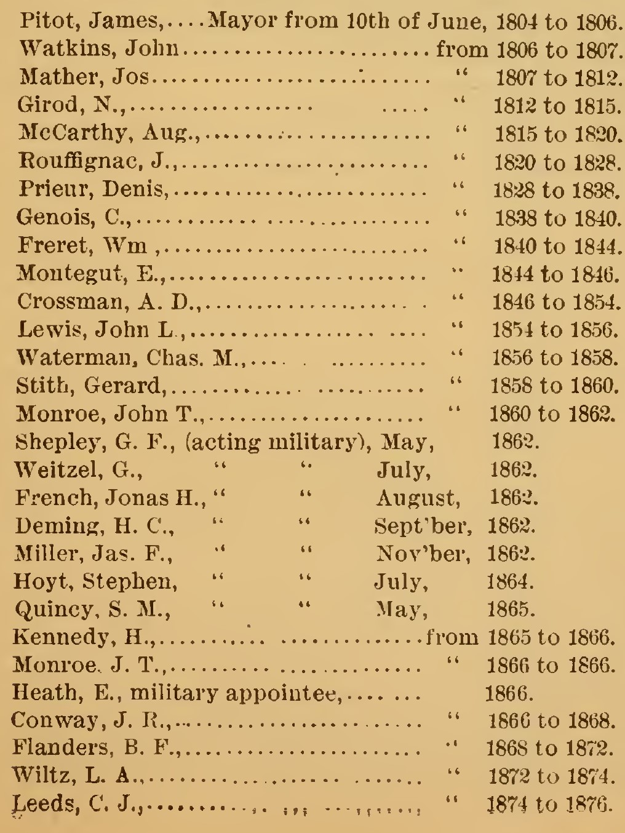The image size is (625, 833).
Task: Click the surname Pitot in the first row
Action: coord(42,23)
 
